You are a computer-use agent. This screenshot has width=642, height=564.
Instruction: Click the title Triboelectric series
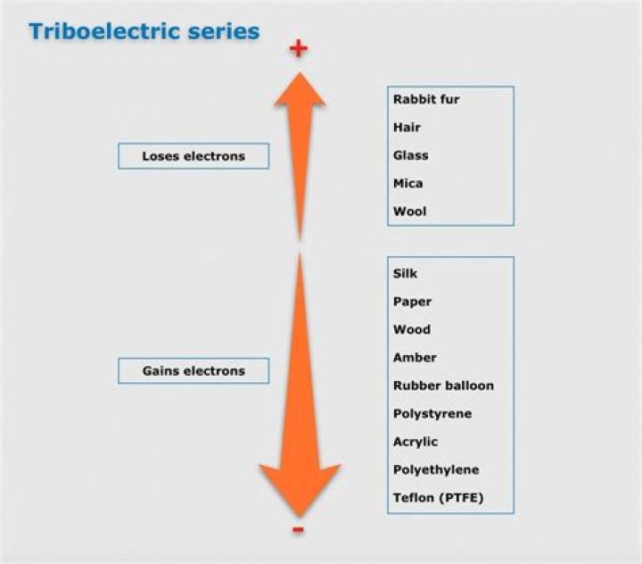144,31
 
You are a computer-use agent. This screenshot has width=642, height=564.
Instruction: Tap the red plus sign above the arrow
298,48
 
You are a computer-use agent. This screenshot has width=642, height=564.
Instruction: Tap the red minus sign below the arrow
298,531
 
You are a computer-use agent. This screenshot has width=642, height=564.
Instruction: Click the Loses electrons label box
193,156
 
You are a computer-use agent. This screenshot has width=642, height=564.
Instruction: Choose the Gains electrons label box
193,370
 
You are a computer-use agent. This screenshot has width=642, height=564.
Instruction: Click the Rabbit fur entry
426,99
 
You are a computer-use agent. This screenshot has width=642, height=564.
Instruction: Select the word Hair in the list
407,128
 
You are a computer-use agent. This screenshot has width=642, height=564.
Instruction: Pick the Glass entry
410,155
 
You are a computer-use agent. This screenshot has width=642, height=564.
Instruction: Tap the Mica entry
407,183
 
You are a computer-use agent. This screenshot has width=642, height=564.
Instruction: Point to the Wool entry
409,211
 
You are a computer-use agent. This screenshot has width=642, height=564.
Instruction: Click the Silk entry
405,273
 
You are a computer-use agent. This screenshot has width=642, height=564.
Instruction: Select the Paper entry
412,302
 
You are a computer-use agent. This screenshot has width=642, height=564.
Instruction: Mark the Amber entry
415,357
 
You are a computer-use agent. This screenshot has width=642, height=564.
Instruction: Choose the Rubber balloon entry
443,386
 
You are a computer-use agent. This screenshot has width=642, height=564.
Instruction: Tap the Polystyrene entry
432,414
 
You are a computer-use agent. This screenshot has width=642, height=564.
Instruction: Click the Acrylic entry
416,442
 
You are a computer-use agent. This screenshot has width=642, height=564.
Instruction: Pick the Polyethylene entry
436,469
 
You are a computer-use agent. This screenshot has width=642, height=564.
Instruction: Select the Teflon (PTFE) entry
438,497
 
